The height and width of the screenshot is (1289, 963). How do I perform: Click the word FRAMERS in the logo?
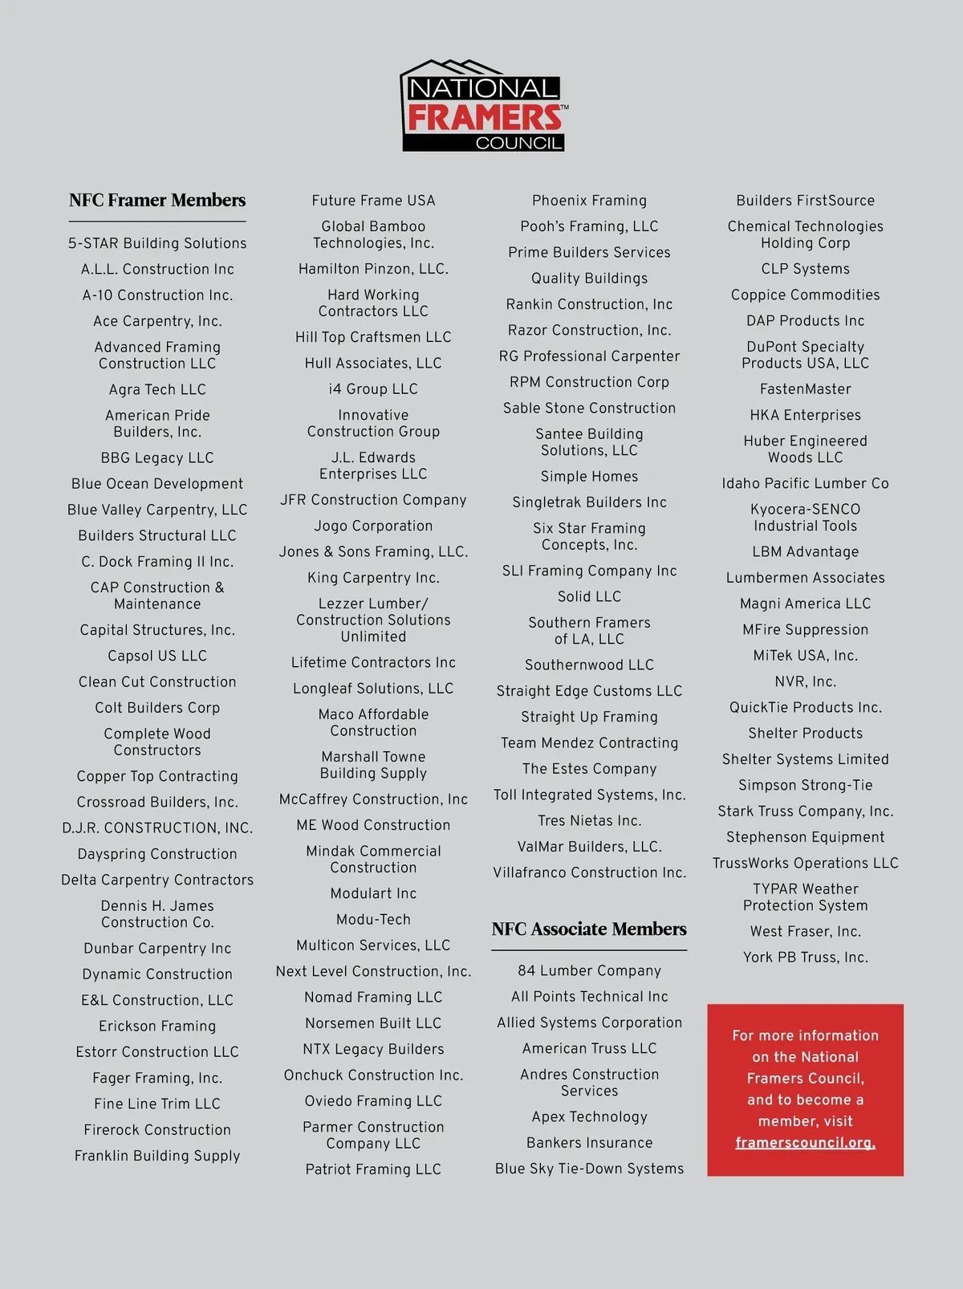point(485,117)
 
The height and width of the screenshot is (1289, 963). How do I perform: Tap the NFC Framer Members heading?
point(157,200)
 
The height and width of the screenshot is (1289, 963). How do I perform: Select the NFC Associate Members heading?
point(589,929)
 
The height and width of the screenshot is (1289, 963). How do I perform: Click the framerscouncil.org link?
point(805,1142)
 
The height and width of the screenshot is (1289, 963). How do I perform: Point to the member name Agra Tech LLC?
point(157,389)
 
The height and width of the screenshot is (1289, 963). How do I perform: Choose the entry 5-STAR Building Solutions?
point(157,243)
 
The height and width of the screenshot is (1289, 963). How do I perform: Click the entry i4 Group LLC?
point(373,389)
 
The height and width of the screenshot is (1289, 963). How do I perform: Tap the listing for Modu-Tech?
point(373,919)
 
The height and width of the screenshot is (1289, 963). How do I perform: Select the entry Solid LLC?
point(589,596)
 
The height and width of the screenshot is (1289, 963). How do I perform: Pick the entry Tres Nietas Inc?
point(589,820)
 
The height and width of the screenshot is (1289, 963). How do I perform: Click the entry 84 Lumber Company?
point(589,970)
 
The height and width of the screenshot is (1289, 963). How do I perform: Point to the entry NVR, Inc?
point(805,681)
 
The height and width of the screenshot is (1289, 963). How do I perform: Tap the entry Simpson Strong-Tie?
point(805,785)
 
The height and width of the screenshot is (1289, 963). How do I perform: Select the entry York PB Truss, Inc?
point(805,957)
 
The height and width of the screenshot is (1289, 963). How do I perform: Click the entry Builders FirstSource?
point(805,201)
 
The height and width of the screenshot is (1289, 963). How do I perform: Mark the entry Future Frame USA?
point(373,201)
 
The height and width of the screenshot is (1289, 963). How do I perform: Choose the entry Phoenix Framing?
point(589,201)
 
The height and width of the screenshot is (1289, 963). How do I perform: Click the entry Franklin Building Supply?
point(157,1156)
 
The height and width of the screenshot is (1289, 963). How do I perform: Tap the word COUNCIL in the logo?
point(518,143)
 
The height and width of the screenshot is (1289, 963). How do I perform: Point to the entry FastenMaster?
point(805,389)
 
